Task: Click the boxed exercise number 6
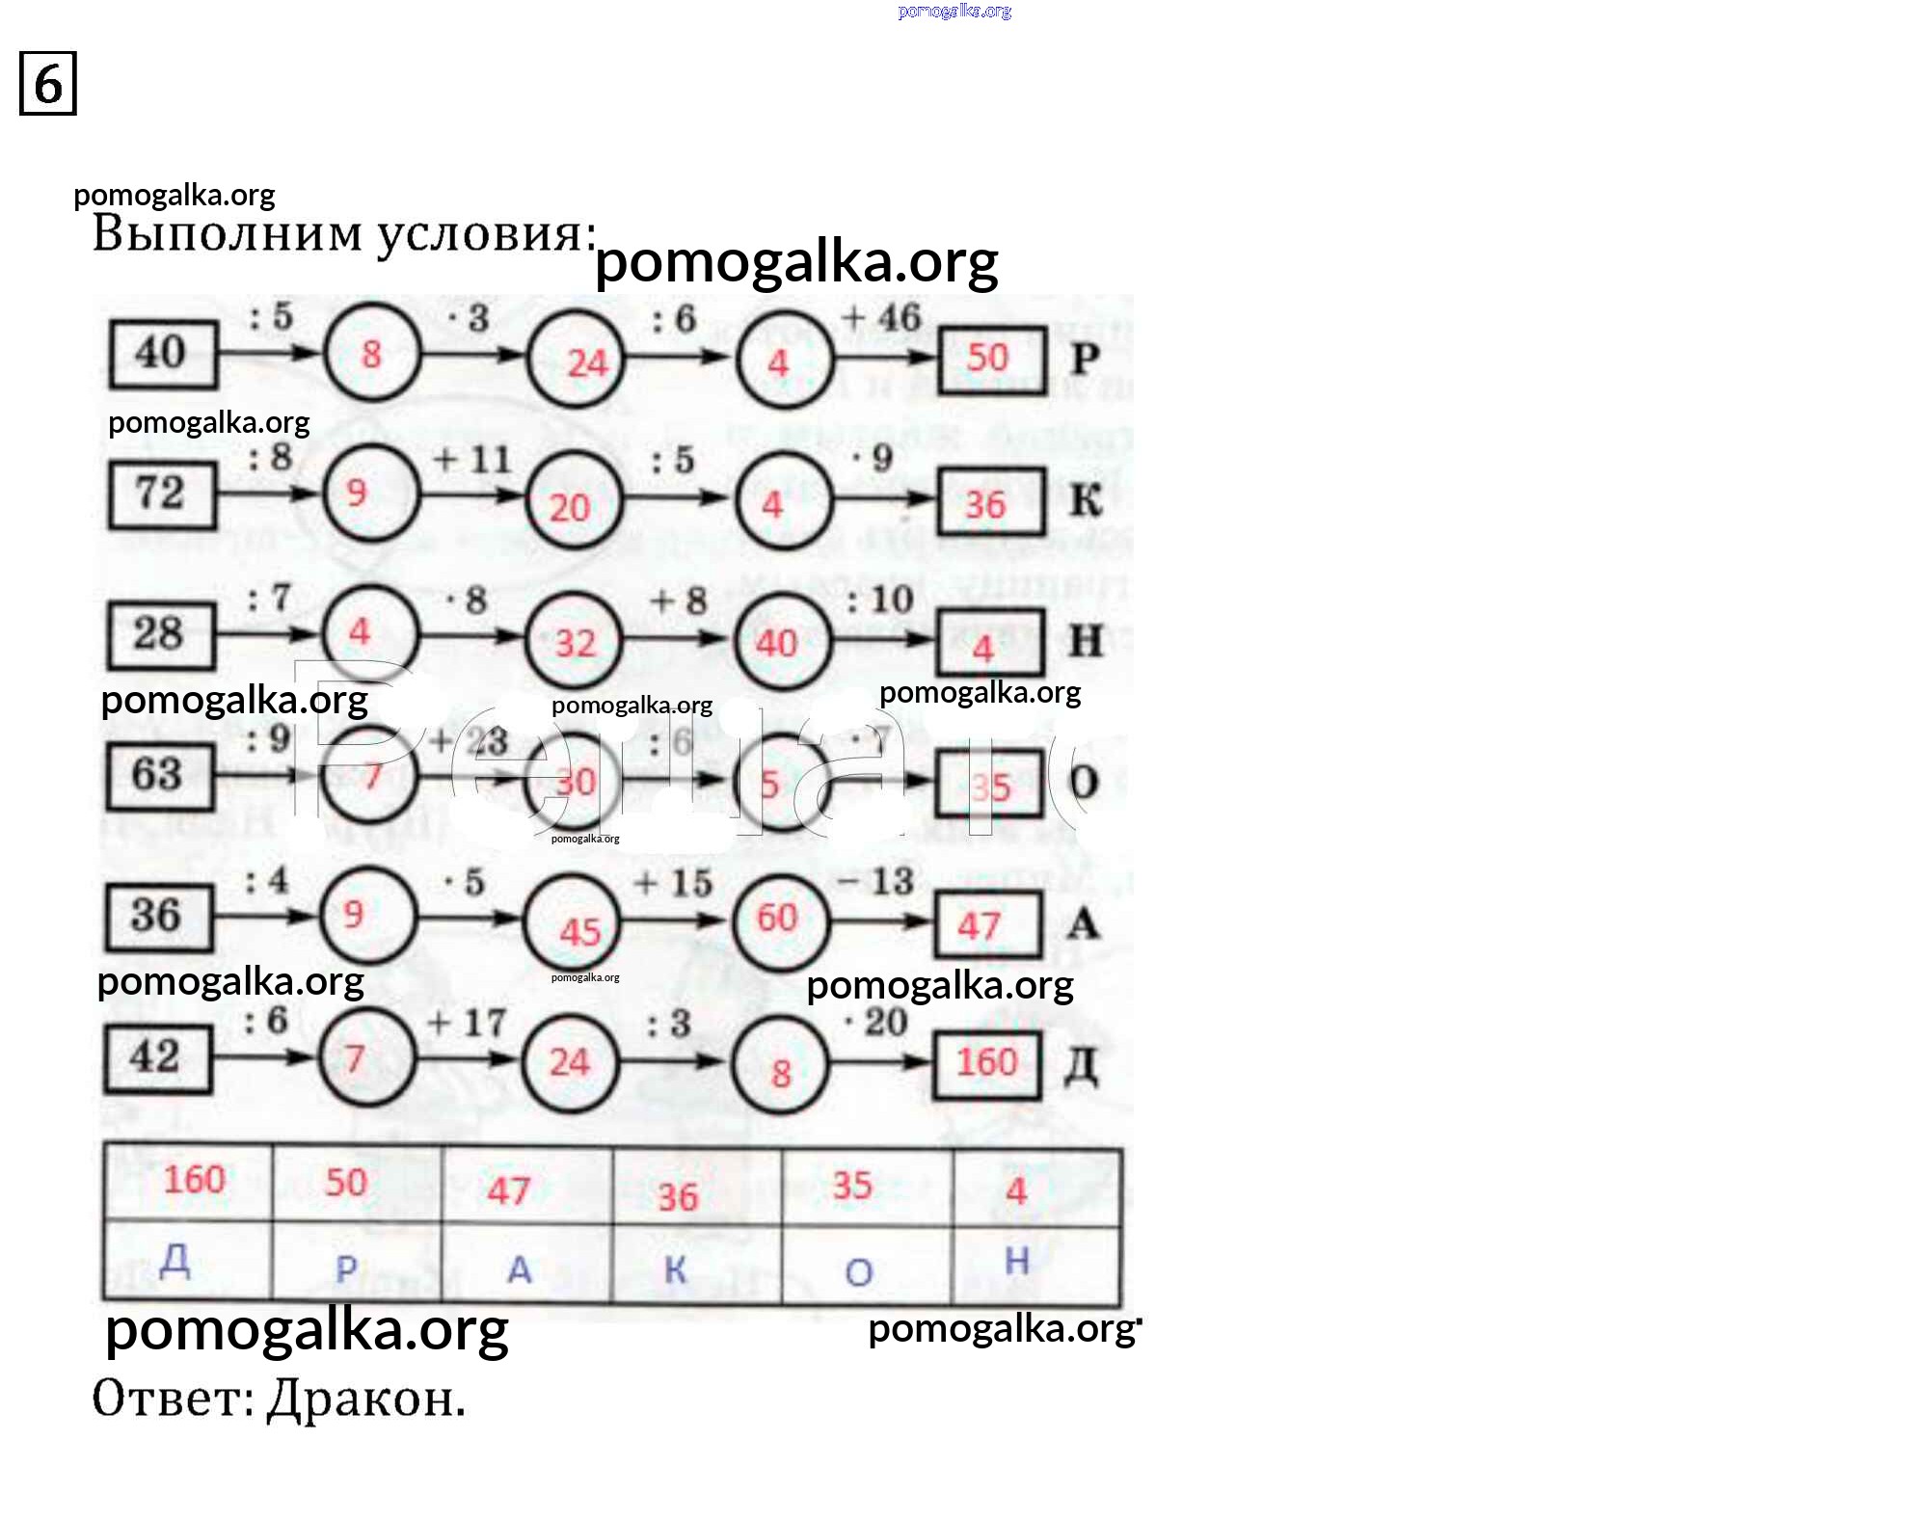click(x=47, y=84)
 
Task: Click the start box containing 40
click(x=162, y=354)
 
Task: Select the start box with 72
click(x=161, y=494)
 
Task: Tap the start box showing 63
click(x=159, y=775)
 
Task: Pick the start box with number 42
click(x=157, y=1058)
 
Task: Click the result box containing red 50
click(x=992, y=359)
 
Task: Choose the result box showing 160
click(x=986, y=1063)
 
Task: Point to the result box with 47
click(x=986, y=925)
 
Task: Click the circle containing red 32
click(x=575, y=641)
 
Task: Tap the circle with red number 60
click(x=779, y=918)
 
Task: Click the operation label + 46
click(x=881, y=317)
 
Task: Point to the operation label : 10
click(x=879, y=600)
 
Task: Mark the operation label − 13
click(x=874, y=881)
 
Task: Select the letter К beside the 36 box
click(x=1086, y=500)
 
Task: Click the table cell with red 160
click(x=192, y=1181)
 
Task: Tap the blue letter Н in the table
click(x=1017, y=1261)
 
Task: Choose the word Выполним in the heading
click(x=228, y=234)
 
